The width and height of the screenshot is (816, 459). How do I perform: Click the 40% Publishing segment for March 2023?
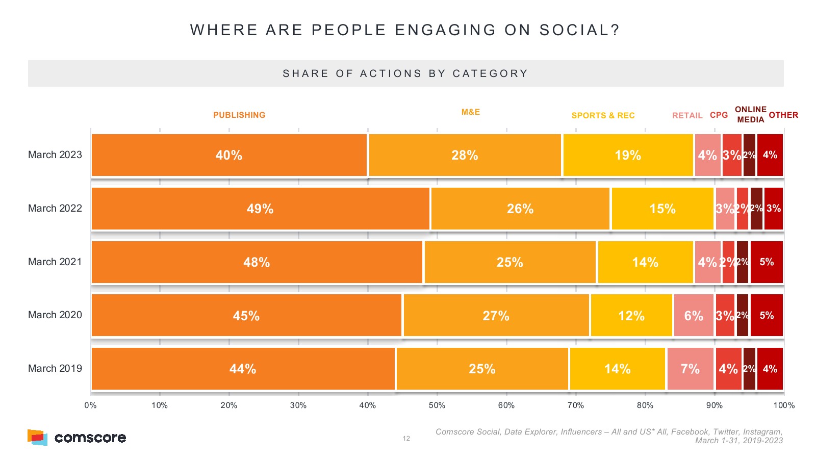point(229,155)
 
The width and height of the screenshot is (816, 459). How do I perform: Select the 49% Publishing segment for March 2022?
point(261,209)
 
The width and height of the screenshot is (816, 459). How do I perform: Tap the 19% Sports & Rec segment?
point(628,155)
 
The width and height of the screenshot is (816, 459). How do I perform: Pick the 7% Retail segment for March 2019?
point(690,369)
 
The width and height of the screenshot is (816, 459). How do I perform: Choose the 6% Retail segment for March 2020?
point(694,316)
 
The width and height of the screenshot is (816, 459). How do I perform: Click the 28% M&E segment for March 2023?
point(465,155)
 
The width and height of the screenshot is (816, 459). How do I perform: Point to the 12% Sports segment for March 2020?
point(631,316)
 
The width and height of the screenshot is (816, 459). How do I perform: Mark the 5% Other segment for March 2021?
point(767,262)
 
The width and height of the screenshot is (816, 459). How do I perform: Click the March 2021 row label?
point(55,262)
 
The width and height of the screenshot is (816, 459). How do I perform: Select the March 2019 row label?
point(55,368)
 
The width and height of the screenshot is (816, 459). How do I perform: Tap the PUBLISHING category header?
point(239,115)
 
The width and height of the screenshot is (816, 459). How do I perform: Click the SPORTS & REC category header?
point(603,116)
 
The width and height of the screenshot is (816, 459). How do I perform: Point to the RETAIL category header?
point(687,116)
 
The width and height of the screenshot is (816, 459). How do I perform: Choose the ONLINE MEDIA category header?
point(750,115)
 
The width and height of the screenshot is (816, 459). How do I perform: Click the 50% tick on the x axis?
point(437,405)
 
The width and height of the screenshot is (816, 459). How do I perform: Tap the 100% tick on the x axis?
point(784,405)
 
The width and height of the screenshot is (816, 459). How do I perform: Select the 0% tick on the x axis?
point(90,405)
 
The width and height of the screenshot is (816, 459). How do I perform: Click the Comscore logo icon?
point(37,438)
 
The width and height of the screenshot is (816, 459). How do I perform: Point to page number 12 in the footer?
point(406,439)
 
